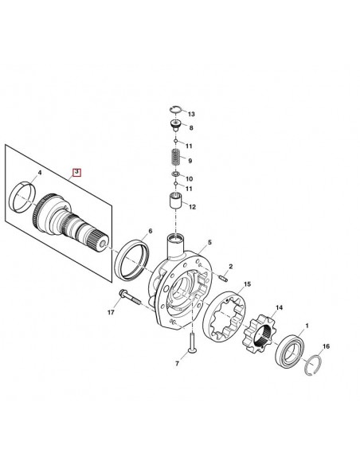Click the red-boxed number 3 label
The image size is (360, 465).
tap(76, 171)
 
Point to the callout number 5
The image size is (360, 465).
tap(209, 241)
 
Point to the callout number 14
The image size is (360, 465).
tap(279, 307)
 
